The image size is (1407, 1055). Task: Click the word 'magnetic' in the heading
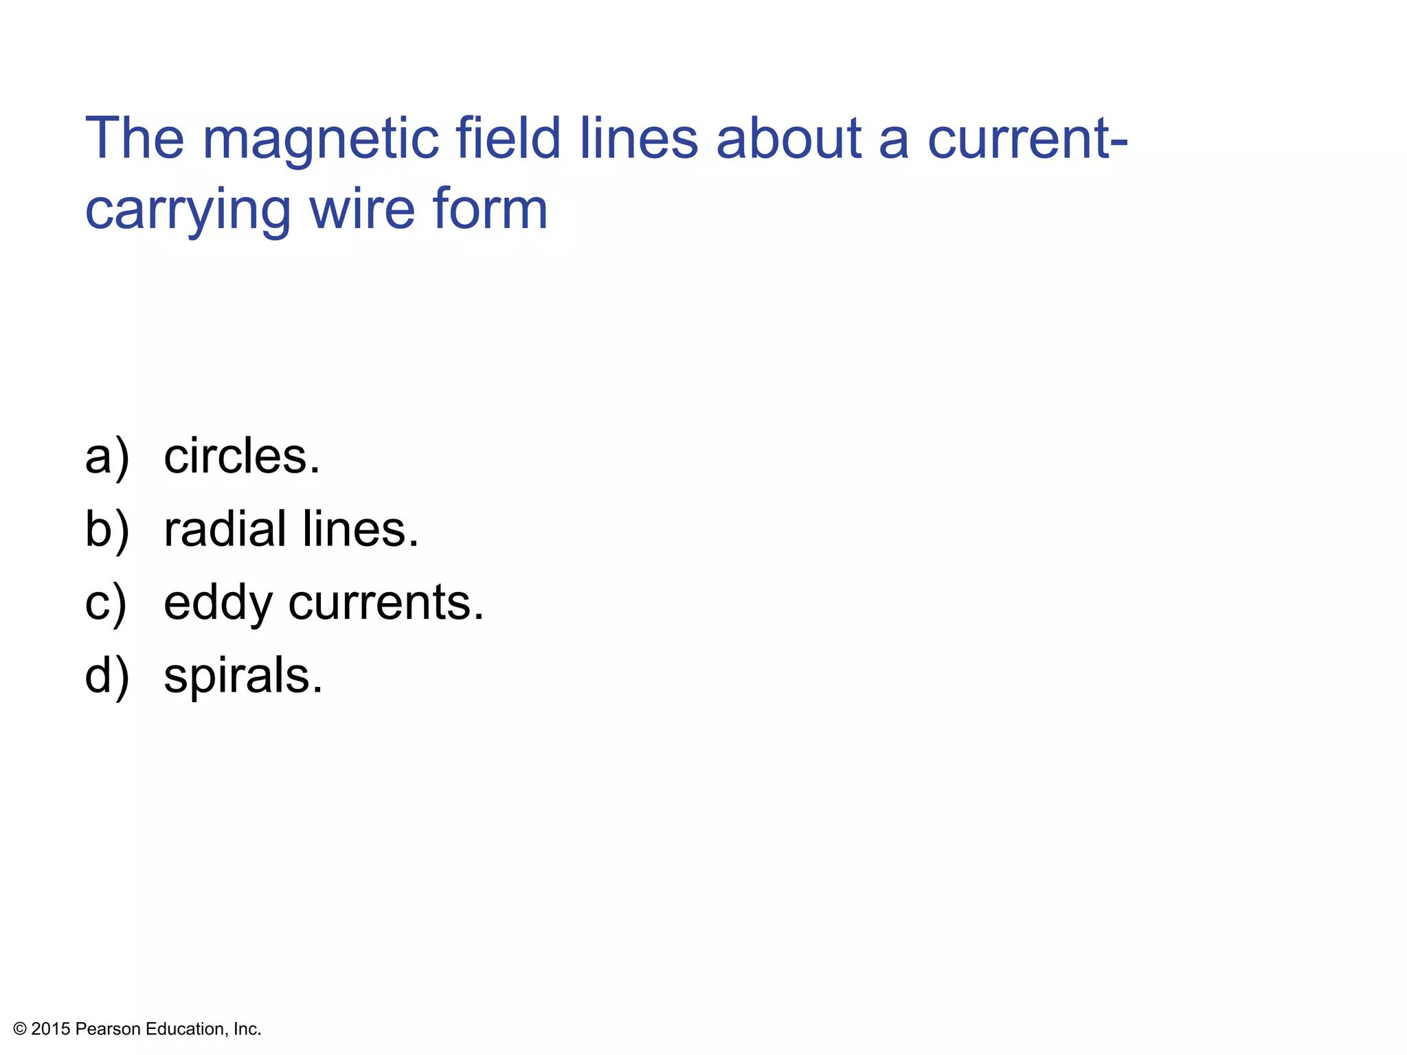point(320,141)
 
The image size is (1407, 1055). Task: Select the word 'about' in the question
point(788,138)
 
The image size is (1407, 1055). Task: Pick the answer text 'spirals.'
point(243,677)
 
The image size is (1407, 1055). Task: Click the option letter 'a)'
point(106,457)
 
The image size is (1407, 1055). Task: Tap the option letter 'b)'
point(106,531)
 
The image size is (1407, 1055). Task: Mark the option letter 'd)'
point(106,677)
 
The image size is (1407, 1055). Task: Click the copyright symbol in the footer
point(20,1029)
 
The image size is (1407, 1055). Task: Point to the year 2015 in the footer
point(51,1029)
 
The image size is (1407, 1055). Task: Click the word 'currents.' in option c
point(386,603)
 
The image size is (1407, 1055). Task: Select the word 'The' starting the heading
point(135,138)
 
